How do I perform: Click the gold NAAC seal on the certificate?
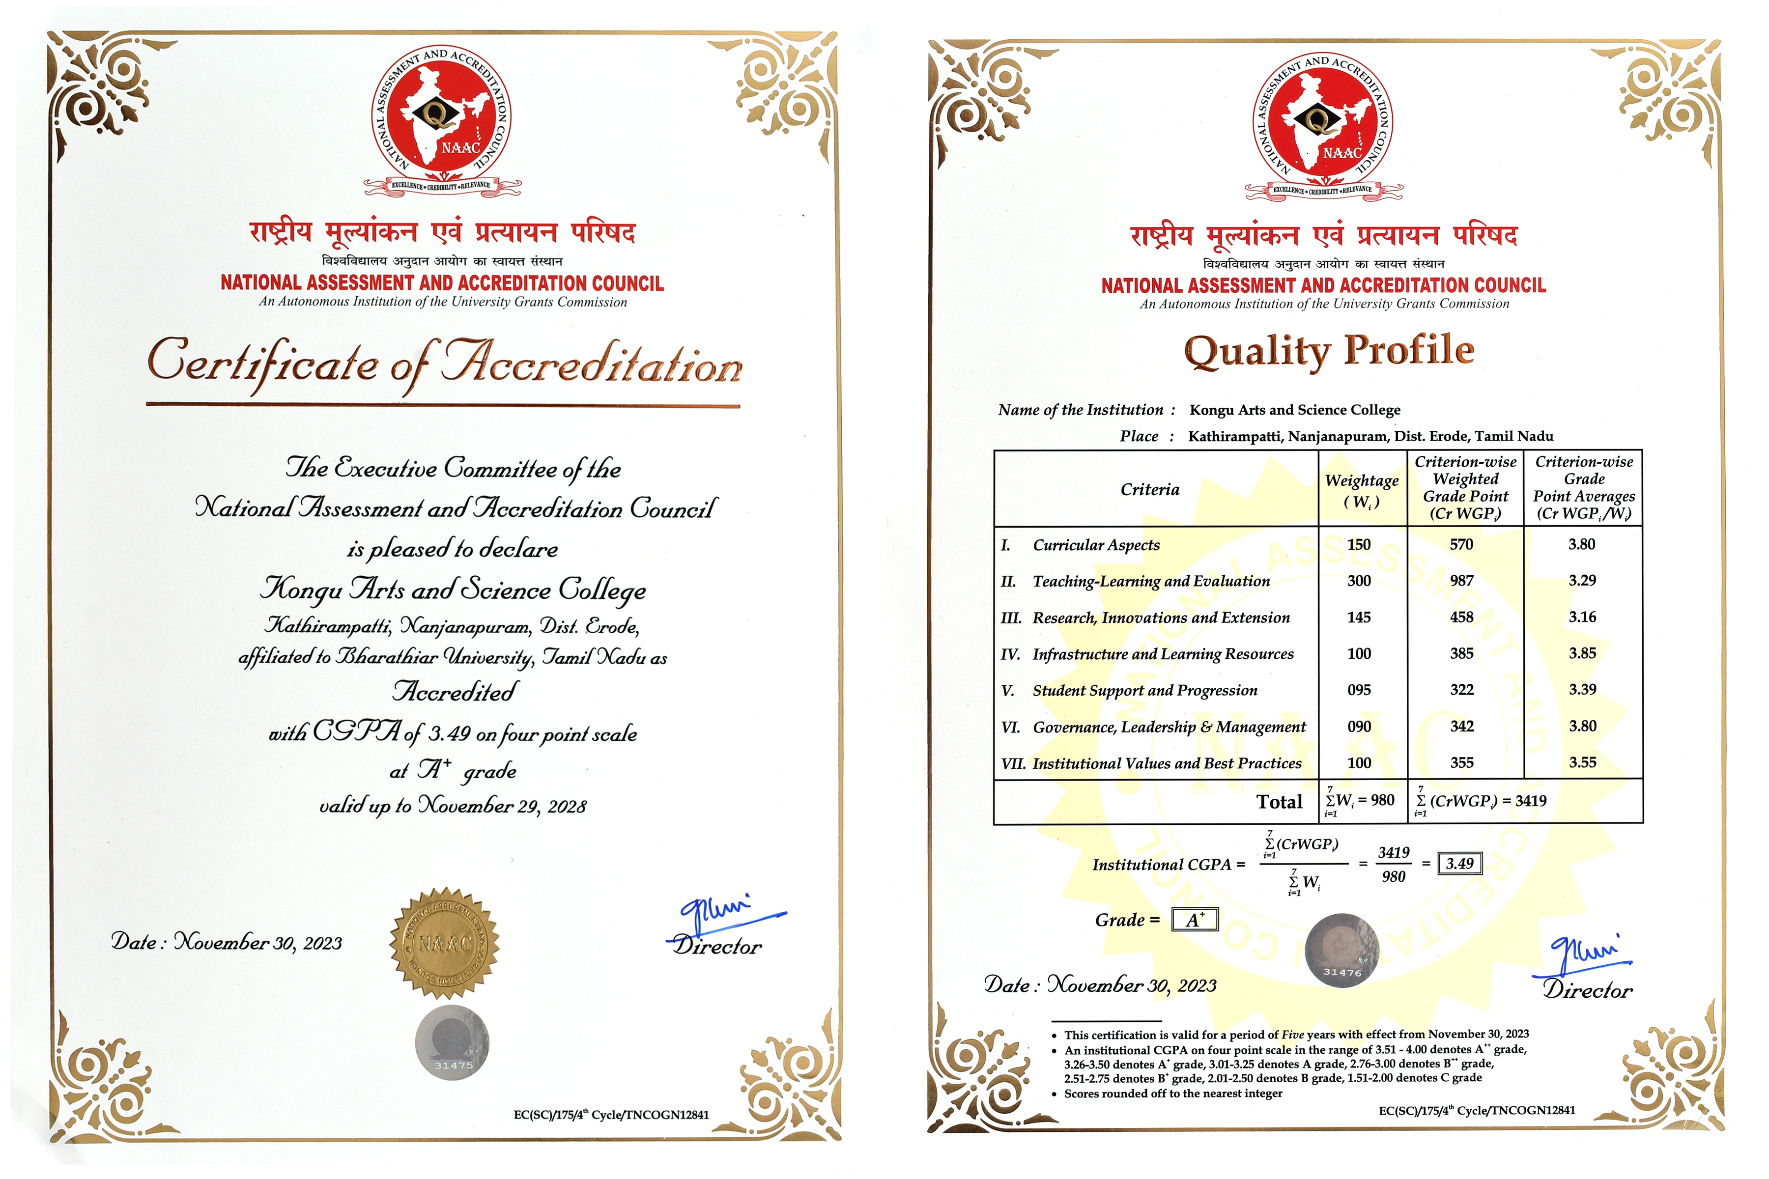coord(445,943)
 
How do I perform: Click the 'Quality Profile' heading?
coord(1329,352)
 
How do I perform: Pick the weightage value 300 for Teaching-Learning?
coord(1359,581)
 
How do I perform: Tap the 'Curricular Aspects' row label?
coord(1096,545)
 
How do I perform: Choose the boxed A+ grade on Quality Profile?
coord(1195,920)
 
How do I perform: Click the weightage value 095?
coord(1359,690)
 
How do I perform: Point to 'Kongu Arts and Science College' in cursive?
coord(453,590)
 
